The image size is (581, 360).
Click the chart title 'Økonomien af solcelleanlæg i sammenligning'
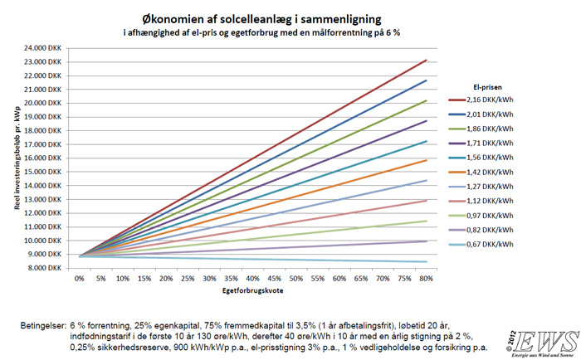(x=289, y=17)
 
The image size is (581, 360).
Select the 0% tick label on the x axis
(x=80, y=280)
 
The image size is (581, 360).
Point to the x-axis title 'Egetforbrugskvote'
(x=251, y=293)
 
